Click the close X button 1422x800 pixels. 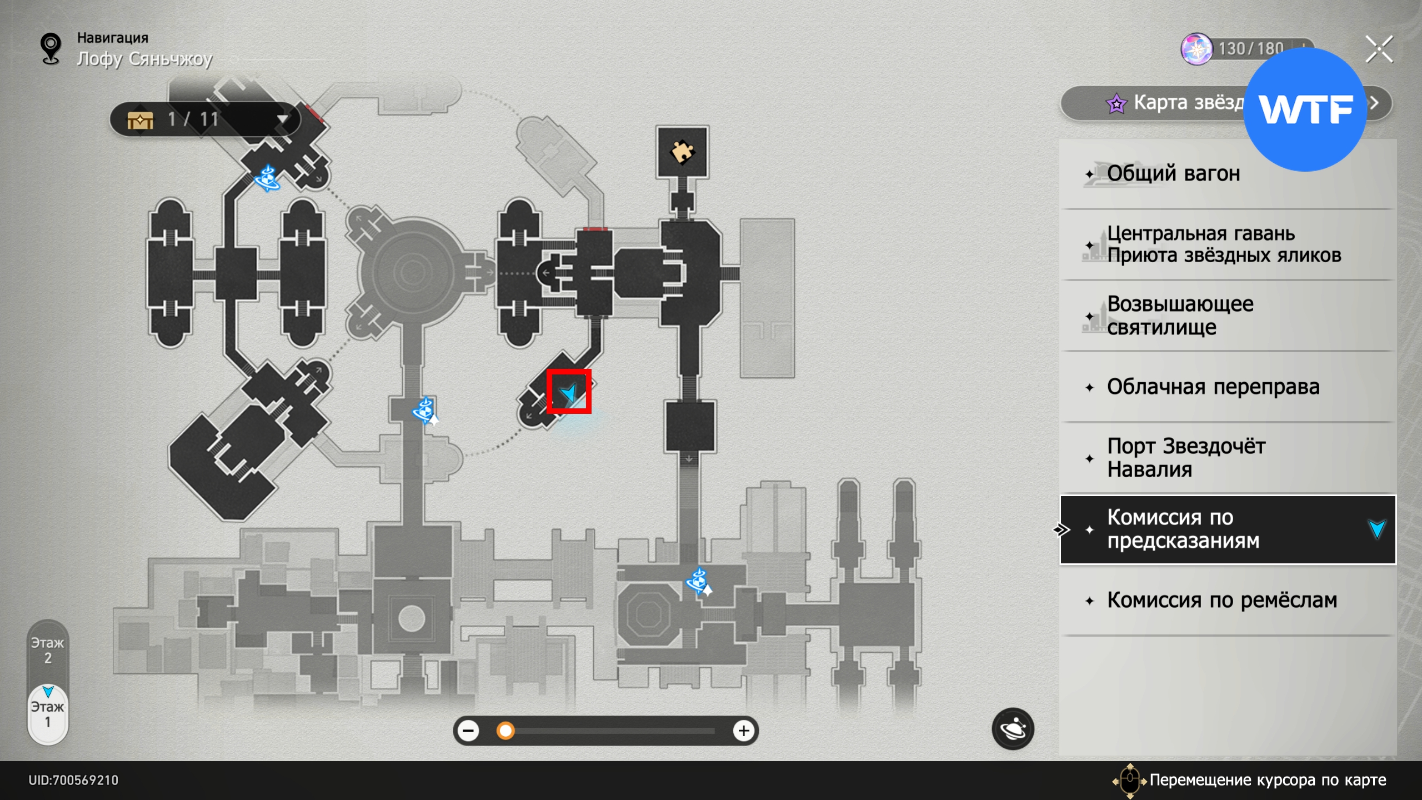[x=1379, y=49]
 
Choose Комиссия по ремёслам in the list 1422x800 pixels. [x=1222, y=601]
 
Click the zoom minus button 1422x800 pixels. [x=469, y=731]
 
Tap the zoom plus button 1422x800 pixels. [x=744, y=731]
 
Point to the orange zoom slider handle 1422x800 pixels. [x=505, y=731]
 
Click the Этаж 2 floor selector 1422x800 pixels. [x=48, y=651]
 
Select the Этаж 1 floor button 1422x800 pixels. [x=48, y=714]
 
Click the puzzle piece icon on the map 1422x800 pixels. [x=682, y=152]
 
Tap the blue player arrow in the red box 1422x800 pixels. [x=569, y=392]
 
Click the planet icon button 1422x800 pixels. [x=1013, y=729]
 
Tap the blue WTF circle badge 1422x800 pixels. [x=1305, y=109]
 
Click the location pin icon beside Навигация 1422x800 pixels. [x=51, y=48]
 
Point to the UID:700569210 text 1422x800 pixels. [x=73, y=780]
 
